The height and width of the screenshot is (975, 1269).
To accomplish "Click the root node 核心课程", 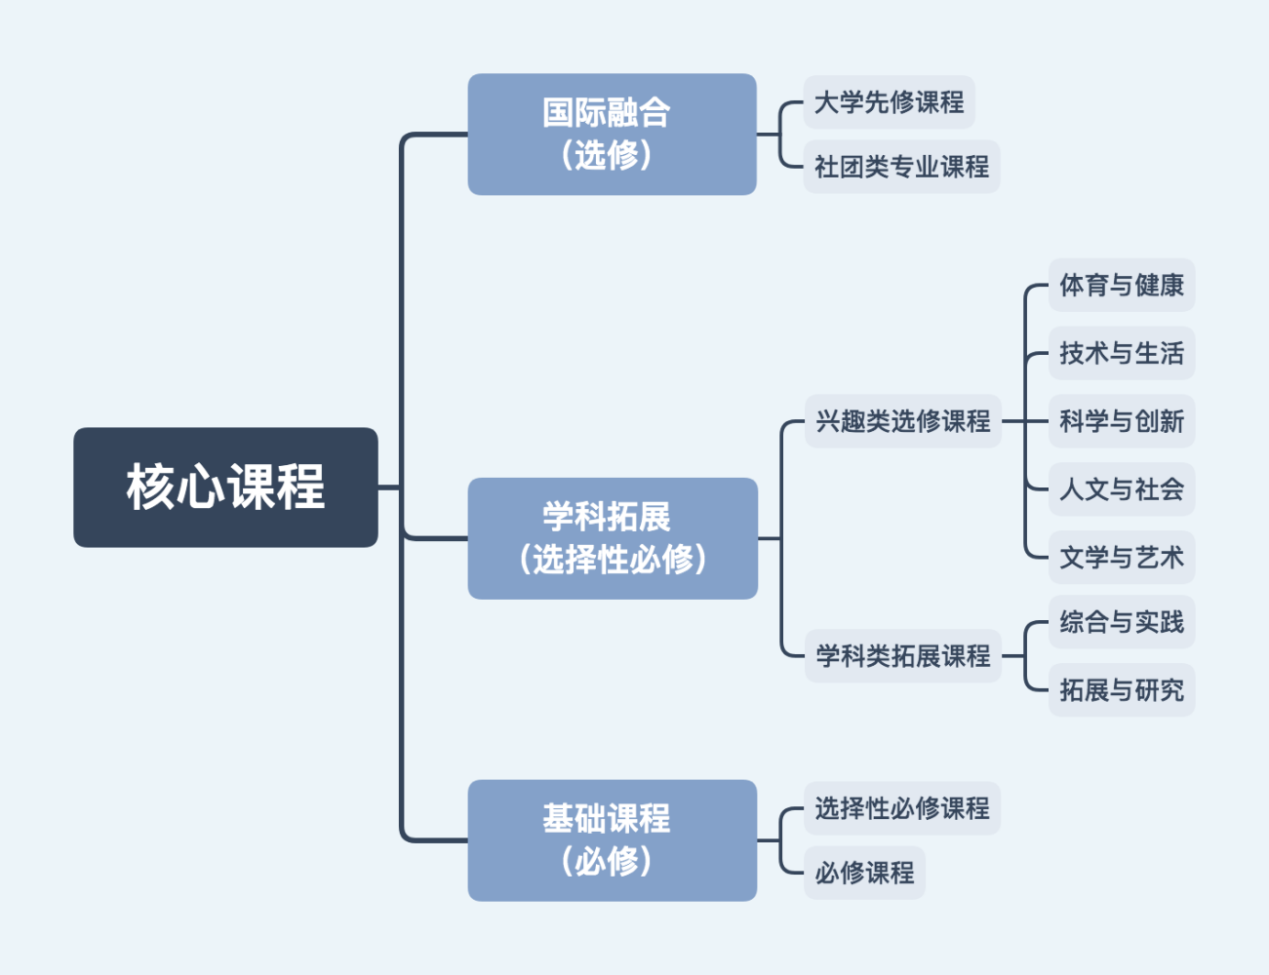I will coord(225,487).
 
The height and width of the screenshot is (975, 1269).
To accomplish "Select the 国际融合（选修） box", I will coord(612,134).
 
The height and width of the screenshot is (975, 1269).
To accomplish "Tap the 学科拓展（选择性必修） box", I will coord(613,538).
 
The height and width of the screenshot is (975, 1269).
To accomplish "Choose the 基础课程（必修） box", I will coord(612,839).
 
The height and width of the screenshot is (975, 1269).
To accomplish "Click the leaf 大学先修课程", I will coord(889,102).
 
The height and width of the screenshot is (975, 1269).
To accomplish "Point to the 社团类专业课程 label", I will coord(901,167).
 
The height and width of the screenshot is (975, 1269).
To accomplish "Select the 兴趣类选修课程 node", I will coord(902,421).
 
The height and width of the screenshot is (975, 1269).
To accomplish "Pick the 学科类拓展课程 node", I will coord(902,656).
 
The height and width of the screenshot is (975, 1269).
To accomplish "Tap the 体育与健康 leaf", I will coord(1121,286).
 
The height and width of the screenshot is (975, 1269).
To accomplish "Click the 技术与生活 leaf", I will coord(1121,353).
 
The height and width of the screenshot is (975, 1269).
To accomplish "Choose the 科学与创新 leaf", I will coord(1121,421).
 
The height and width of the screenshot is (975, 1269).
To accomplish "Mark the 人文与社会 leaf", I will coord(1121,489).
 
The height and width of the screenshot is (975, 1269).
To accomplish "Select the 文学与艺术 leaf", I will coord(1121,558).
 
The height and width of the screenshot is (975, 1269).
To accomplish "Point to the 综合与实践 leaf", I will coord(1121,622).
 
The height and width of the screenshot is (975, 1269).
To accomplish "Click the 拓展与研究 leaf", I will coord(1121,690).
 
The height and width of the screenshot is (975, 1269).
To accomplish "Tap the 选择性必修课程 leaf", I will coord(901,808).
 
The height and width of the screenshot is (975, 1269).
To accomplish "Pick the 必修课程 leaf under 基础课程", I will coord(864,873).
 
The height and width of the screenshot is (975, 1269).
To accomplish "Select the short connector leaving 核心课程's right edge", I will coord(389,487).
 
